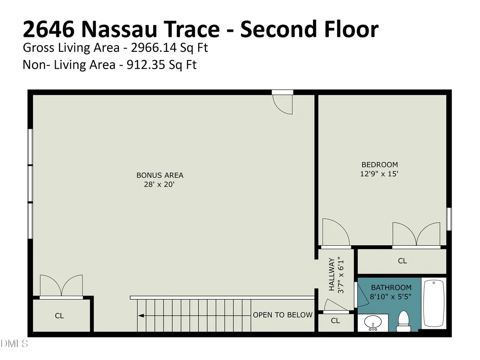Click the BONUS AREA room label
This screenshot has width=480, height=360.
pos(160,175)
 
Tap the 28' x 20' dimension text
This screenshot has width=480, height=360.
pos(159,185)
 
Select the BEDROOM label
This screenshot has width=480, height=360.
pos(380,165)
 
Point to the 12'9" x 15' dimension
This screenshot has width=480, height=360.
pos(379,174)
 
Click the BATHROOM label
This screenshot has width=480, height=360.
pos(391,288)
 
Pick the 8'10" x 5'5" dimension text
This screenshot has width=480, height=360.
pos(391,297)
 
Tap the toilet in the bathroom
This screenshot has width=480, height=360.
pos(403,322)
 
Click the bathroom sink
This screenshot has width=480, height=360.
pos(373,323)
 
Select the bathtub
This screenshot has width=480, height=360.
pos(433,303)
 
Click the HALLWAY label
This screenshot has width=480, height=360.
pos(332,274)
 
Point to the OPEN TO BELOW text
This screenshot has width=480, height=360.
pos(283,315)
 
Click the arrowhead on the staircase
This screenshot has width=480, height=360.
pos(141,316)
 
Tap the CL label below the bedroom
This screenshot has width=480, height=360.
pos(402,261)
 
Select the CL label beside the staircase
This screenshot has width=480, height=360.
pos(60,316)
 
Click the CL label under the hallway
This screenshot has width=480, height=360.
pos(335,321)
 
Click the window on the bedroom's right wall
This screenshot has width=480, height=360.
pos(449,219)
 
